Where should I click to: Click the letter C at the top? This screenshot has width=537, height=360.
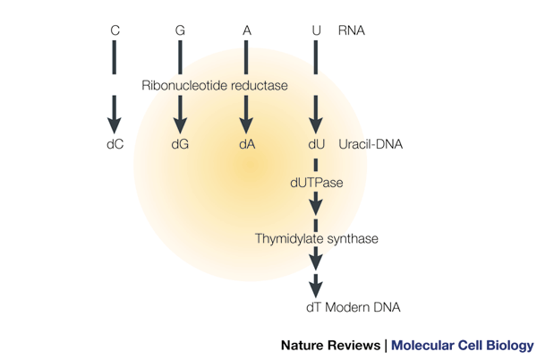click(115, 31)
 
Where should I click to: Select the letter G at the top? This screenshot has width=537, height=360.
click(180, 31)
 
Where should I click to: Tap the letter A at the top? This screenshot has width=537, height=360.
click(246, 31)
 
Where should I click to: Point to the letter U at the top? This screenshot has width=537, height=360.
click(316, 31)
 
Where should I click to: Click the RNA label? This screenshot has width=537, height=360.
click(352, 31)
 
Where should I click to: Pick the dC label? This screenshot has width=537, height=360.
click(115, 143)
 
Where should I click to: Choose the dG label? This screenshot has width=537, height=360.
click(180, 143)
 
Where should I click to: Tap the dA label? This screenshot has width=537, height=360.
click(246, 143)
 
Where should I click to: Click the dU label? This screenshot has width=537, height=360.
click(316, 143)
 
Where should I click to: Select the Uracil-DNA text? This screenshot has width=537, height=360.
click(371, 143)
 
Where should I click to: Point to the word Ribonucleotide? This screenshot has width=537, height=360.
click(183, 85)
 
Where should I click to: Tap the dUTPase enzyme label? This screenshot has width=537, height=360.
click(316, 182)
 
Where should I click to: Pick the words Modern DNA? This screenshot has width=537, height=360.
click(363, 307)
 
